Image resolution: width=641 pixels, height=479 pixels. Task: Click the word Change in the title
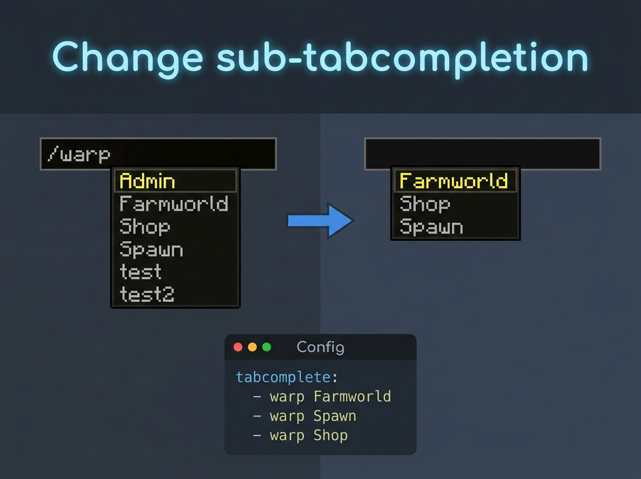(128, 58)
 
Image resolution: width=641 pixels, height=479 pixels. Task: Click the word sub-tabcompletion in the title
(402, 58)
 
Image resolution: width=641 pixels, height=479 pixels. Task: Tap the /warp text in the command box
(79, 154)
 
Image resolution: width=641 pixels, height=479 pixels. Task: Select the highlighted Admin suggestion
(147, 181)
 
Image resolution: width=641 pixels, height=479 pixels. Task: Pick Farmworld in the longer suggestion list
(174, 204)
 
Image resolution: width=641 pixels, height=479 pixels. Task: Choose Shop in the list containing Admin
(145, 227)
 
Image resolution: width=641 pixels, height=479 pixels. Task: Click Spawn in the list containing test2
(151, 249)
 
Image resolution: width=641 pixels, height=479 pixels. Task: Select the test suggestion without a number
(140, 272)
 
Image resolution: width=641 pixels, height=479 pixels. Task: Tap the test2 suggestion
(147, 294)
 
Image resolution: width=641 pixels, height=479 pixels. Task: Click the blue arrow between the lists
(320, 221)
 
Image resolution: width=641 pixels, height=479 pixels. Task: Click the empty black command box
(483, 154)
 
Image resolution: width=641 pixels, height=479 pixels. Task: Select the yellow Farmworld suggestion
(454, 180)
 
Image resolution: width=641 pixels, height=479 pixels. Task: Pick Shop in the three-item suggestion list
(425, 204)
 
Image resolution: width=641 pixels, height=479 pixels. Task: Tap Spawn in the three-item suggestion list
(431, 227)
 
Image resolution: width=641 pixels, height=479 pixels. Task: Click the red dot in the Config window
(238, 347)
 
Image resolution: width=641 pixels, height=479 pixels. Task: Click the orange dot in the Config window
(252, 347)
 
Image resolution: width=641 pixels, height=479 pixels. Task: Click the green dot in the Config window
(267, 347)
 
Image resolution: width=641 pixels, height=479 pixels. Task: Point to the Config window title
(320, 347)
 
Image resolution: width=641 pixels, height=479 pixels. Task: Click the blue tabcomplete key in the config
(283, 377)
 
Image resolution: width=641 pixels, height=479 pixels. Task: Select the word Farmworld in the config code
(352, 397)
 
